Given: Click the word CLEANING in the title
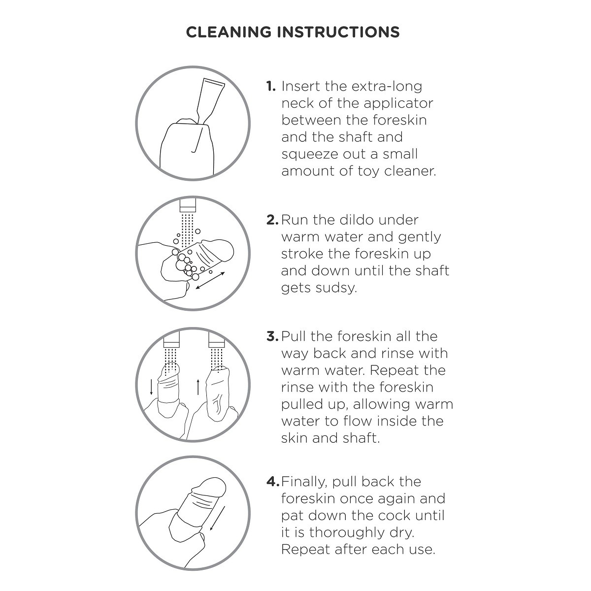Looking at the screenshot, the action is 229,32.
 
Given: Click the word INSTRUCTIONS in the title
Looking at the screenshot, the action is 338,32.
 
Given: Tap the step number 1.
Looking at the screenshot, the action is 270,87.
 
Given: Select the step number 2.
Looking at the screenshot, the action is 272,220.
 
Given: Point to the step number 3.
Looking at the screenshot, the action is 272,336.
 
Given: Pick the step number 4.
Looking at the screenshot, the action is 273,482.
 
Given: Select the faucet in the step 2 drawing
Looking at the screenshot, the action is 188,204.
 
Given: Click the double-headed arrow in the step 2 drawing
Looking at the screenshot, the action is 210,281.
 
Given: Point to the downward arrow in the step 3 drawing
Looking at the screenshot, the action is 151,387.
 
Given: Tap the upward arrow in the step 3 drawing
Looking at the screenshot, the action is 198,387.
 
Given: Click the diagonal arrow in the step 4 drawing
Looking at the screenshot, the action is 218,518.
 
